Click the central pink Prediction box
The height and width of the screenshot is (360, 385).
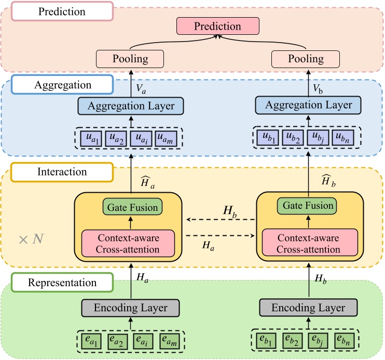pos(218,26)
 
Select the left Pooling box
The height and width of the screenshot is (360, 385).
pos(130,59)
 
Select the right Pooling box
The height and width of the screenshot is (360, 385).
pos(306,59)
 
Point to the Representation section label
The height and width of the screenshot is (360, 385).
pos(62,283)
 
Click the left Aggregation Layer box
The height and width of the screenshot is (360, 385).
pos(131,106)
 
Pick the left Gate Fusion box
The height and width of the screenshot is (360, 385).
pos(132,208)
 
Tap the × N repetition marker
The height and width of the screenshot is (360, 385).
pos(31,239)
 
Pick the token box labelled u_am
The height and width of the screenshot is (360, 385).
pos(168,139)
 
